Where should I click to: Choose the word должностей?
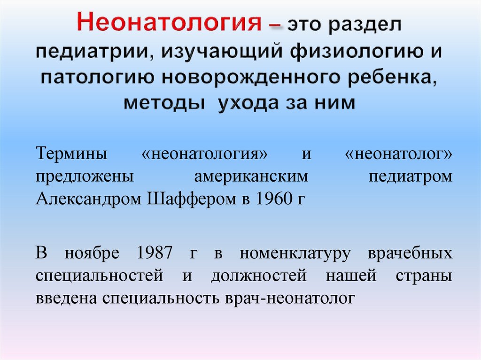[259, 276]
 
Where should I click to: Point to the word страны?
[426, 276]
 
